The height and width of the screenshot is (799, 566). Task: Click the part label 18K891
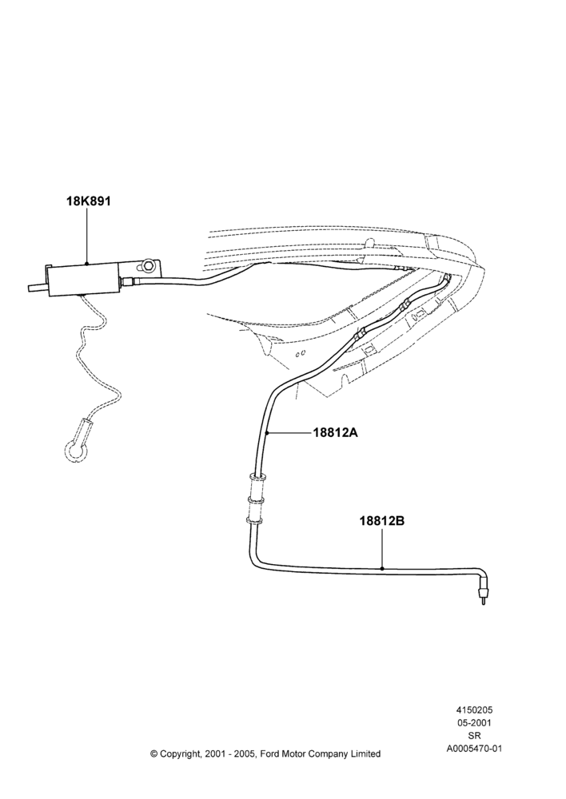pos(88,201)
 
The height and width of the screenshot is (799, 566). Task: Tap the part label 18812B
pos(382,521)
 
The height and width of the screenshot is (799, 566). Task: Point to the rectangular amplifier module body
pos(84,279)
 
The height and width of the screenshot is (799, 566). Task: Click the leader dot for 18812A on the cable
pos(267,432)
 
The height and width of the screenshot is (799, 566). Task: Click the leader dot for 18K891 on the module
pos(87,264)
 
